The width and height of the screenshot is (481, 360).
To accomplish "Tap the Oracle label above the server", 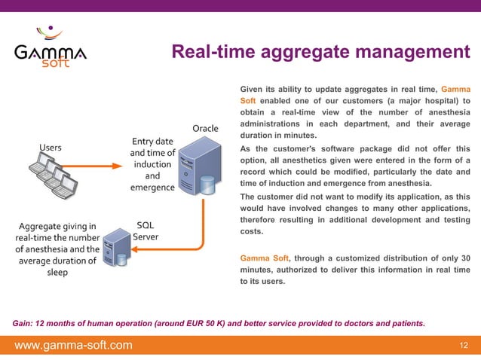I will (x=205, y=128).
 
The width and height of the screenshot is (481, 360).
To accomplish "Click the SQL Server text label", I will (x=145, y=230).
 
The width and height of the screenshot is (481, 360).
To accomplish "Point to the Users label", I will (x=51, y=147).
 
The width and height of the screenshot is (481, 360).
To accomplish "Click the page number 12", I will (x=464, y=346).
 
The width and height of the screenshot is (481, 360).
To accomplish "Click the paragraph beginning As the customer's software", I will (x=354, y=166).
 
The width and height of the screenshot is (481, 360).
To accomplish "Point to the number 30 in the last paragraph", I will (x=464, y=257).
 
